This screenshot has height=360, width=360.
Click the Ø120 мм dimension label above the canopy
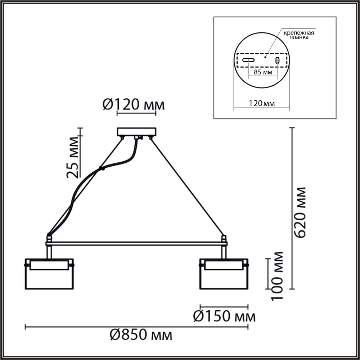point(134,105)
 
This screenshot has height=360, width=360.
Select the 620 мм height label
point(300,212)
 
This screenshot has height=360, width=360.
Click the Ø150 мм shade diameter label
point(224,316)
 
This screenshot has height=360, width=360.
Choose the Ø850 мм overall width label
point(141,336)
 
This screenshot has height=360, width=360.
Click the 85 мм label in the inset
point(263,72)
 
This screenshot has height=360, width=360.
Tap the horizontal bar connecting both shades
point(136,244)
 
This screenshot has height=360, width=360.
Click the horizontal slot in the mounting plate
point(248,60)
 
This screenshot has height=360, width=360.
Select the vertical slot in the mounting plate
point(278,60)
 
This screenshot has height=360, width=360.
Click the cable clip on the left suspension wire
point(102,168)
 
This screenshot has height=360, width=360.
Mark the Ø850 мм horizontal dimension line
point(136,327)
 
